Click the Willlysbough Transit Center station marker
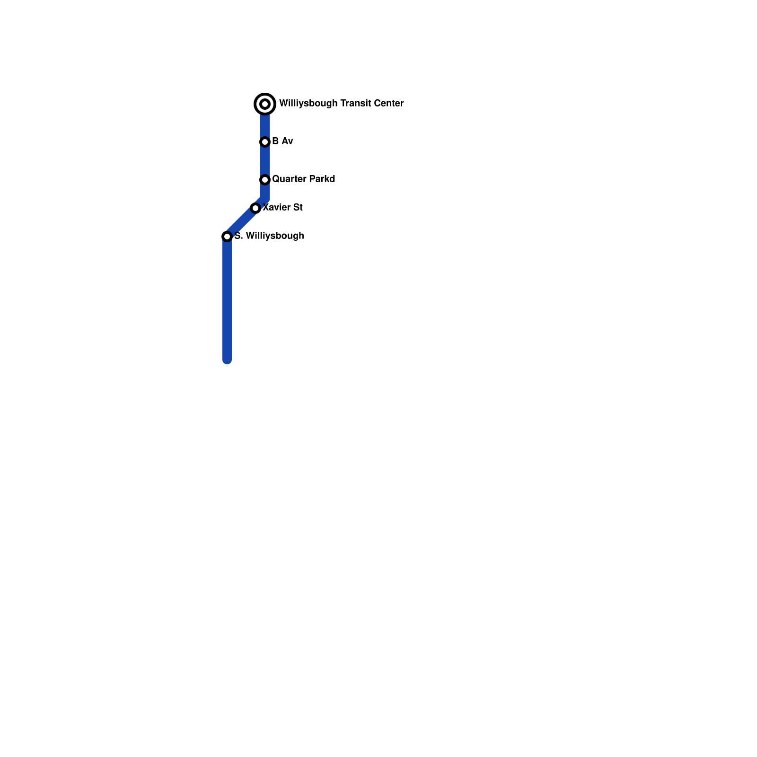[265, 104]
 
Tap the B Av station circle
[265, 142]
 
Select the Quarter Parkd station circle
[265, 180]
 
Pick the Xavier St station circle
[255, 208]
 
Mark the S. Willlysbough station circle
[227, 237]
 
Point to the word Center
[388, 103]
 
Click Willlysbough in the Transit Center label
[308, 103]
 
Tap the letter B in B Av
[275, 141]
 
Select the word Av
[287, 141]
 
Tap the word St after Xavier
[298, 207]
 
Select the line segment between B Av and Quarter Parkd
[265, 161]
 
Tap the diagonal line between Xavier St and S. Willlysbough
[241, 222]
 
